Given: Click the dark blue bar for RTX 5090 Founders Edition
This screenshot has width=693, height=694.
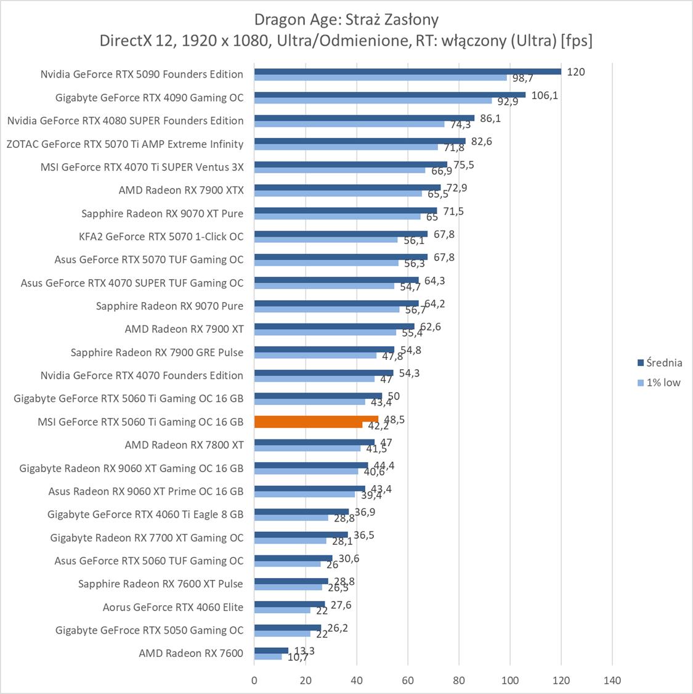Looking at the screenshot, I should (407, 71).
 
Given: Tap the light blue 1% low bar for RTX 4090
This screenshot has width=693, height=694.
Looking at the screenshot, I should (373, 100).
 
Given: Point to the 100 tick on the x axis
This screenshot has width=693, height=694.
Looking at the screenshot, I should (510, 680).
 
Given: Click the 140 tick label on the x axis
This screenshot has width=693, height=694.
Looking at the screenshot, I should (612, 680).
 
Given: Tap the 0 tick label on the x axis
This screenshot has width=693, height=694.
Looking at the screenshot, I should (254, 680).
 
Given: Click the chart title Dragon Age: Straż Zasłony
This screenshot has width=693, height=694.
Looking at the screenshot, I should (346, 20).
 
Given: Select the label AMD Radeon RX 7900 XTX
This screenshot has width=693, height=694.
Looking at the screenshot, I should (181, 190).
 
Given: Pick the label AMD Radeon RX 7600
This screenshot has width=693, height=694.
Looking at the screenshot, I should (191, 653).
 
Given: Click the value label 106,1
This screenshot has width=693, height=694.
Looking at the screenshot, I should (545, 95).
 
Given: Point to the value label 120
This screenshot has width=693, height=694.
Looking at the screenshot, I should (575, 71).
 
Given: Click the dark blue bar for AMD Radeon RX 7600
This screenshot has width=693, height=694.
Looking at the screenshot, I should (271, 650).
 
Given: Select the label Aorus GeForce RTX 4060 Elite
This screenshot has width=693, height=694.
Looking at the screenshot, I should (173, 607).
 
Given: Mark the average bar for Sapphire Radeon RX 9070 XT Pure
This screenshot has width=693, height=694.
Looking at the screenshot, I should (346, 210).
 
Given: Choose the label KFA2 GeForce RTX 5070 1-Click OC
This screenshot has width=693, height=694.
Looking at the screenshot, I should (161, 237).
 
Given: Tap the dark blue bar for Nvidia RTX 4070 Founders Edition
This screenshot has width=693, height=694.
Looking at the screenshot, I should (323, 372).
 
